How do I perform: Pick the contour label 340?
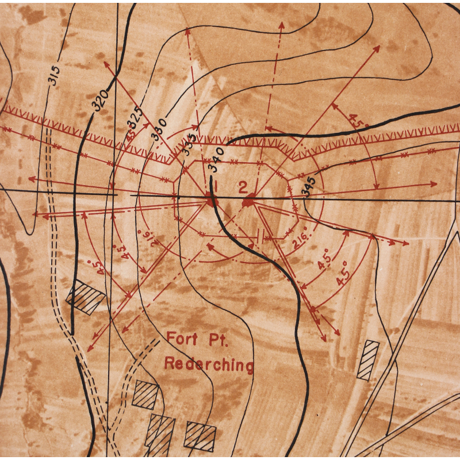[216, 159]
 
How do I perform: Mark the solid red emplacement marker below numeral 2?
[250, 201]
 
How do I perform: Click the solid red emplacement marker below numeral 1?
[212, 201]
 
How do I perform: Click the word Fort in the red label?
[181, 339]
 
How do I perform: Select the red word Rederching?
[209, 364]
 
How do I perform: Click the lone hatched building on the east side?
[367, 360]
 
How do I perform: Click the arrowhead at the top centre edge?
[281, 25]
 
